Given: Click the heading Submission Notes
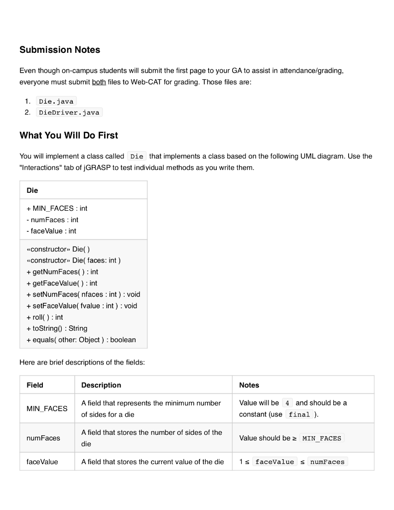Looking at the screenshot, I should coord(60,50).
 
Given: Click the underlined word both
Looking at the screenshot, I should coord(99,82).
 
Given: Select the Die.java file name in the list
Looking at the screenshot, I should coord(56,101).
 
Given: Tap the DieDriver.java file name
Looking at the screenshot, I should coord(69,113).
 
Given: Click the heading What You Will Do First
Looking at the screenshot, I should coord(69,135).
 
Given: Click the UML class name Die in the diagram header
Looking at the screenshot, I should coord(32,190).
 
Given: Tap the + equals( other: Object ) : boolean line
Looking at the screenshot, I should coord(81,340).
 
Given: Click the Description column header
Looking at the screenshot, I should coord(101,385).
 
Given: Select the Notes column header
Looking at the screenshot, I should coord(249,385).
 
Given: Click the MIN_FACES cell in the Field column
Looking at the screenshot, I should coord(47,408).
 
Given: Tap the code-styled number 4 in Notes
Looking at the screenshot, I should coord(287,403).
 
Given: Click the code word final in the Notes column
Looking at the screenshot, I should coord(299,414).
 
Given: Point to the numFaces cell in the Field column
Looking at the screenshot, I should coord(43,438).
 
